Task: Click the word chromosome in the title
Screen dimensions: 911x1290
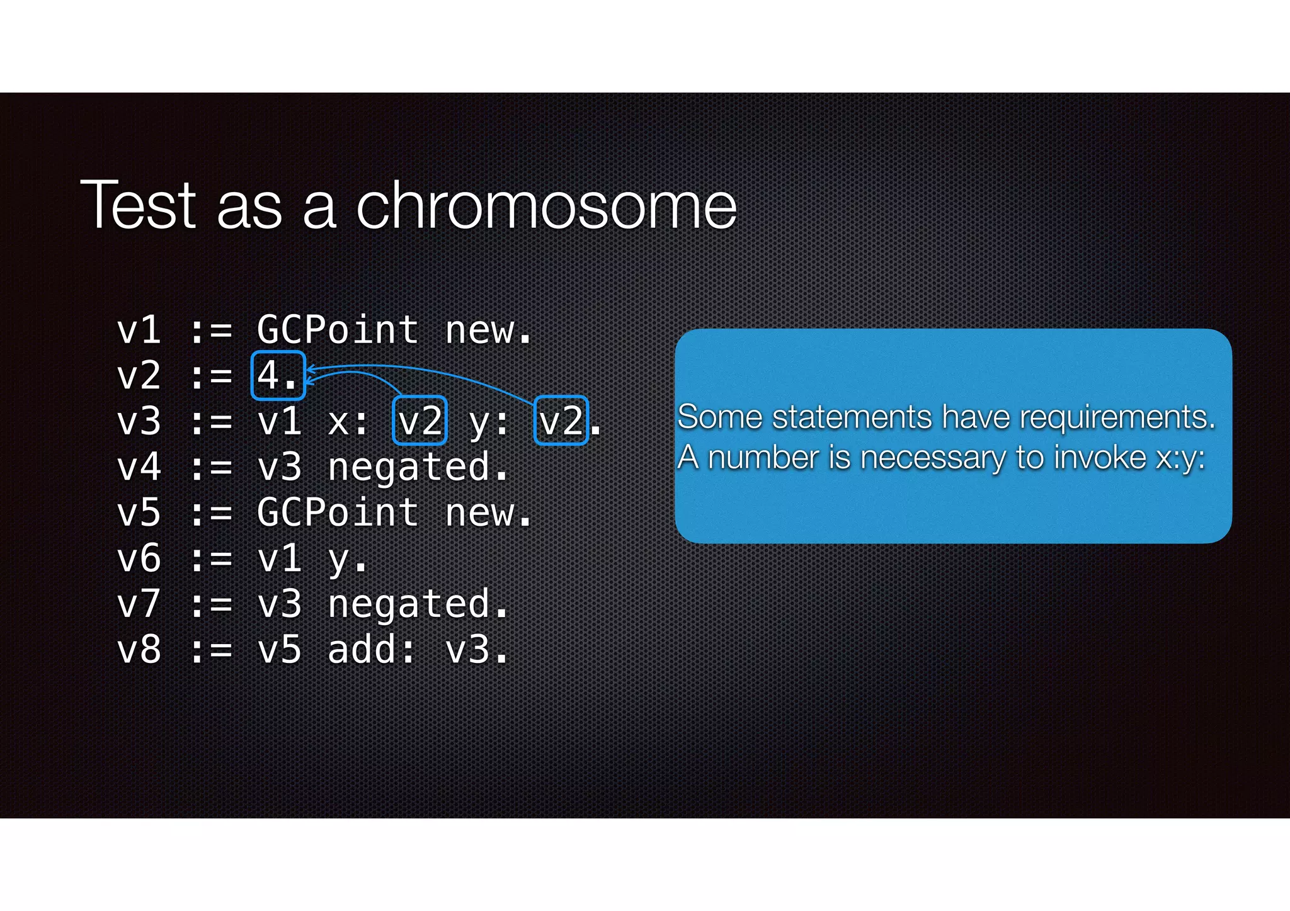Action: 546,205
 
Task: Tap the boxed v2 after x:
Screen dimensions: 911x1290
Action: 420,421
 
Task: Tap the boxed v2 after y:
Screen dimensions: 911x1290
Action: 561,421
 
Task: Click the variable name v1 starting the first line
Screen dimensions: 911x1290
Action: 139,330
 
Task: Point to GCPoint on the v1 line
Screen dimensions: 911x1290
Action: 338,330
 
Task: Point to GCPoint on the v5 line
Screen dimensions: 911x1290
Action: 338,512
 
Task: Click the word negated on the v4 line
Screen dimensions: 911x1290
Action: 408,468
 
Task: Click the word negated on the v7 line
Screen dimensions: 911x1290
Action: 408,605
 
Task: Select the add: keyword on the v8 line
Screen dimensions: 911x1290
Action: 372,650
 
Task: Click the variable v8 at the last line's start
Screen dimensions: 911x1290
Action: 139,650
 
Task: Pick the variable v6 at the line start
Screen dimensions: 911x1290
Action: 139,559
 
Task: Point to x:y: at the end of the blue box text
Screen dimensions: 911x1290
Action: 1180,458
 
